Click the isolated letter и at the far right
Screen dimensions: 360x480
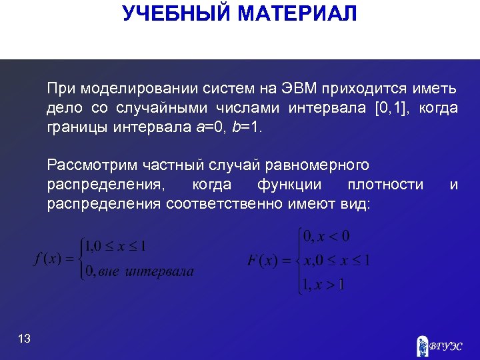453,185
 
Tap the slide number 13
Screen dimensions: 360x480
25,339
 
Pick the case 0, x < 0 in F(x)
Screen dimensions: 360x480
326,237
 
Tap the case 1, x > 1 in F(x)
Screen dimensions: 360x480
323,285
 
